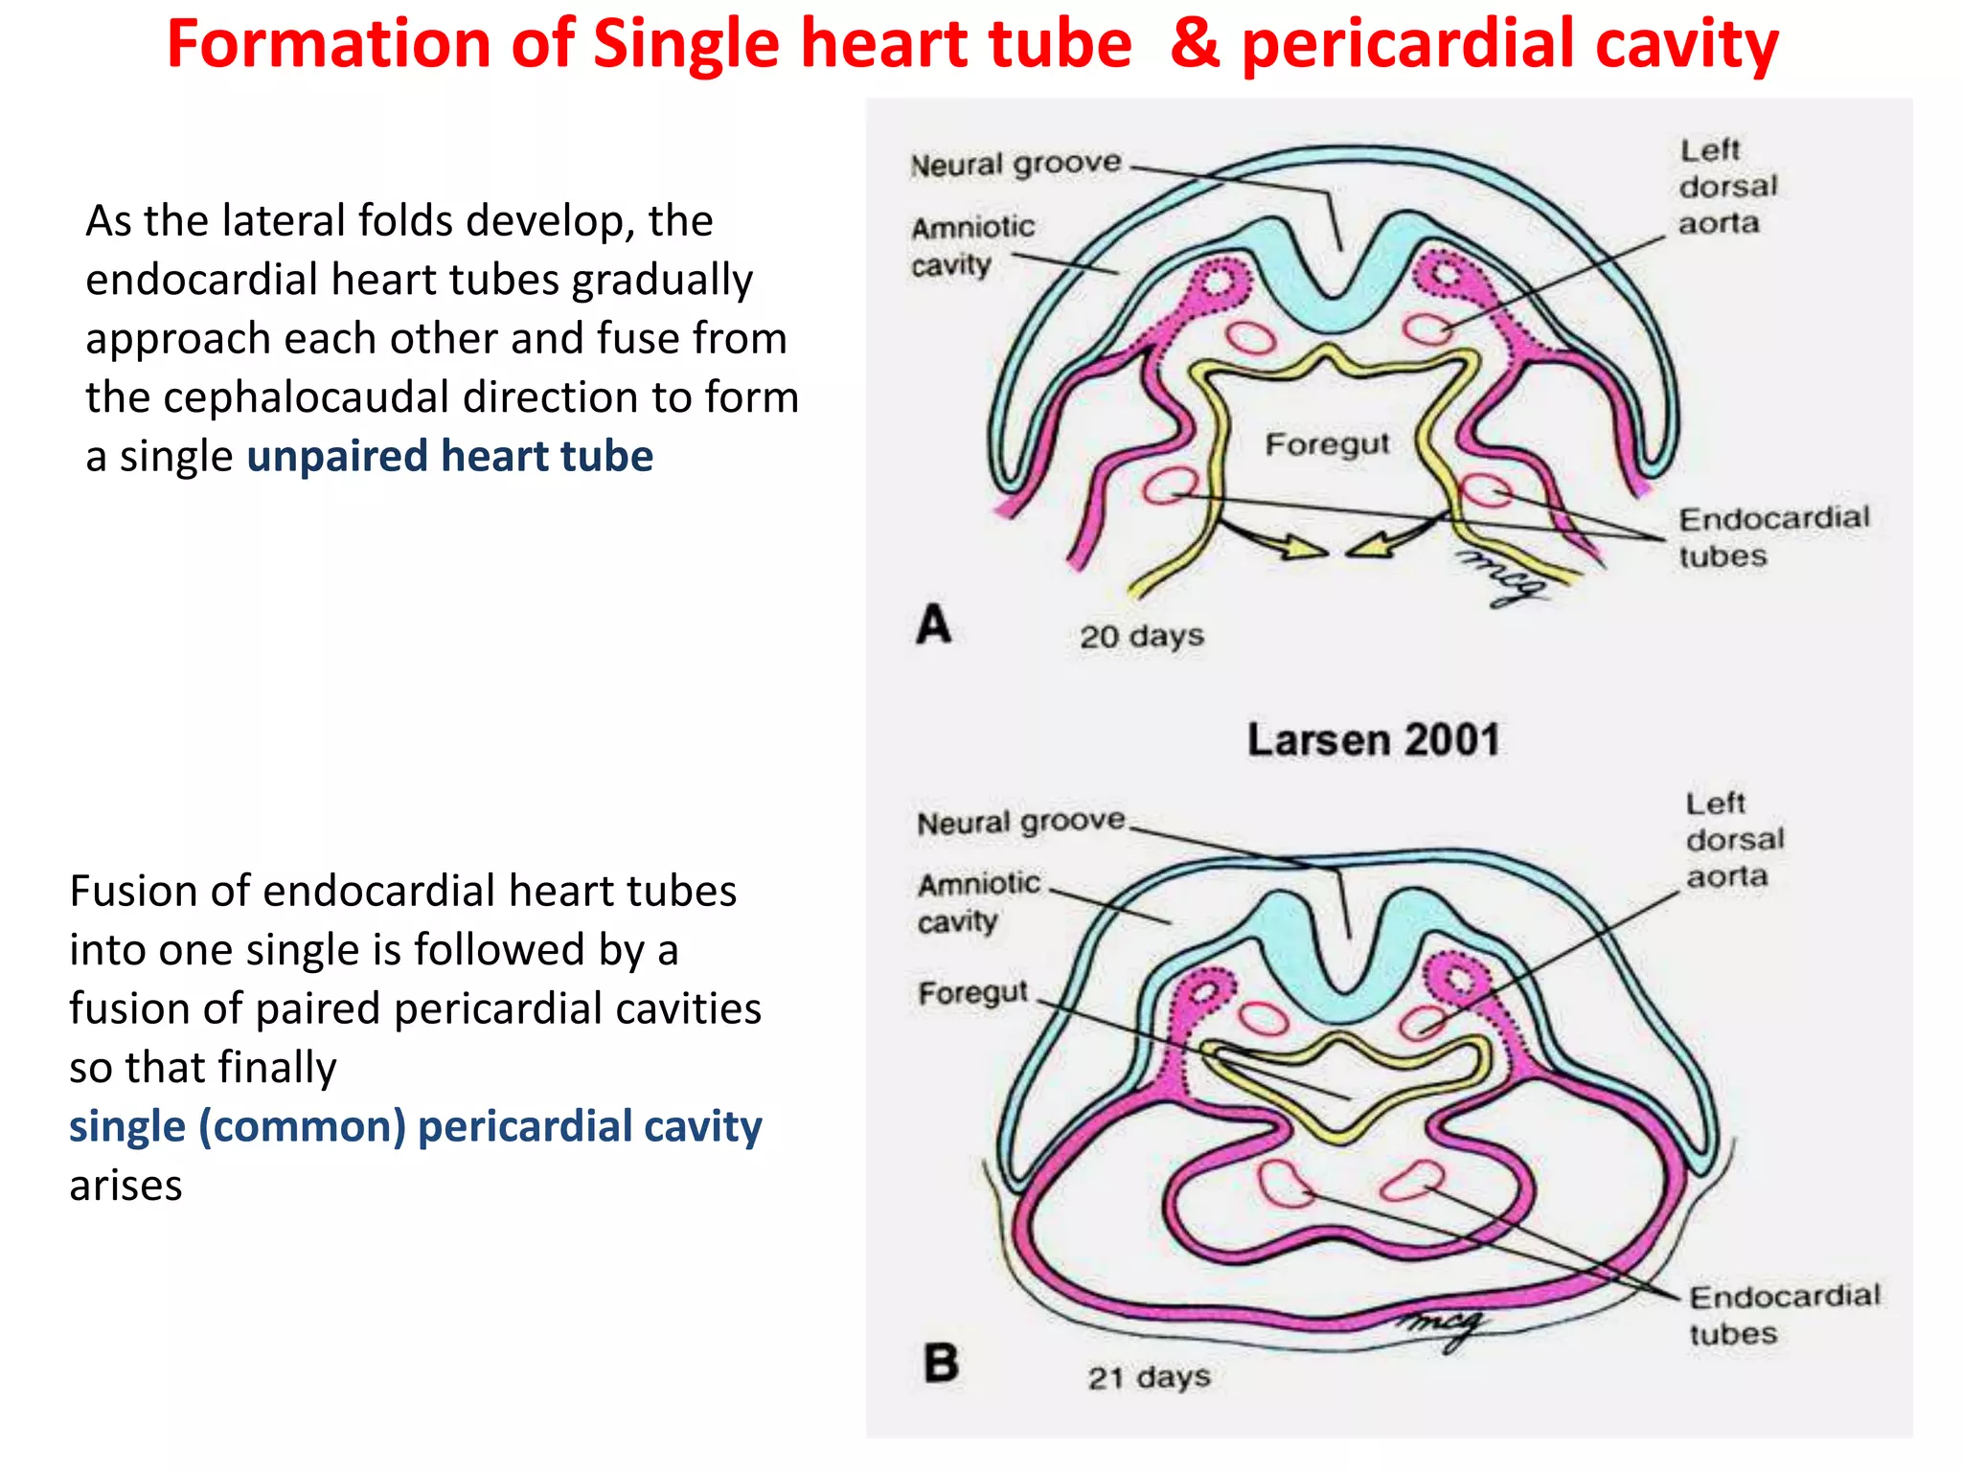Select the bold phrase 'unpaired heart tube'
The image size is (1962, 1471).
coord(449,456)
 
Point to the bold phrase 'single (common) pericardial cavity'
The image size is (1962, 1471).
coord(415,1126)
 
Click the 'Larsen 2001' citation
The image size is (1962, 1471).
coord(1373,740)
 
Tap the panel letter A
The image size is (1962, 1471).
coord(934,624)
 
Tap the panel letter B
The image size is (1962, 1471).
coord(941,1363)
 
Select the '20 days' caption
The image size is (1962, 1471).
coord(1141,636)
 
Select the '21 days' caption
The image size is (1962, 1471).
coord(1149,1378)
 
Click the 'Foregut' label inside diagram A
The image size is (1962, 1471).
coord(1327,443)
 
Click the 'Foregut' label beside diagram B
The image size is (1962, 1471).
coord(972,992)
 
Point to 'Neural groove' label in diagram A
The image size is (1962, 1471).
coord(1015,164)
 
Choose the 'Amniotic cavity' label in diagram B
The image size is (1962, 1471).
coord(977,901)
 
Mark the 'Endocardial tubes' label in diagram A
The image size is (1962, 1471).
coord(1773,536)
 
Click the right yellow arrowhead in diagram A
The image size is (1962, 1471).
coord(1366,549)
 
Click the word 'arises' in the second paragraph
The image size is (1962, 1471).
coord(125,1186)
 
